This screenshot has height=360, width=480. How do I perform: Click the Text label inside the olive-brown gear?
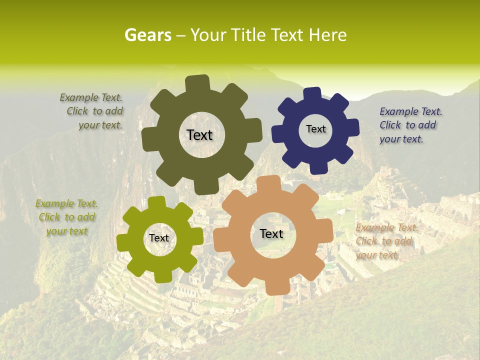click(x=199, y=135)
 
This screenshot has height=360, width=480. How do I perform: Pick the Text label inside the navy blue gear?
click(x=315, y=129)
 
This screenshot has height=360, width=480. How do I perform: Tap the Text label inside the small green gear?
click(x=159, y=238)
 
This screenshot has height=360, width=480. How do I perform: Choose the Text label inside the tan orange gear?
click(x=271, y=233)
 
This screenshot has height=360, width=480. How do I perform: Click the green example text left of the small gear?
click(x=66, y=217)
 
